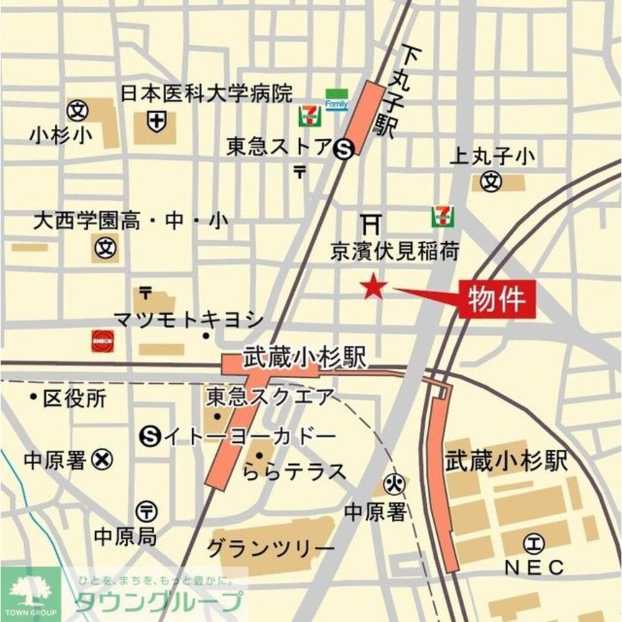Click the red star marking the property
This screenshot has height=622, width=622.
tap(374, 287)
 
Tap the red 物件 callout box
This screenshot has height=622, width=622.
tap(498, 299)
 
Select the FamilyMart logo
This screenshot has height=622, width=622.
tap(337, 100)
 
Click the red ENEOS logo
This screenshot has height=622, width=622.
tap(103, 341)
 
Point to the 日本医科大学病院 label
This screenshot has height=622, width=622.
tap(206, 94)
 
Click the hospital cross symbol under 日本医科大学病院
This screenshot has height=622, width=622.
tap(157, 121)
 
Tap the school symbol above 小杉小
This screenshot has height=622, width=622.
tap(78, 111)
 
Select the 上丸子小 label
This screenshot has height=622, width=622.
tap(492, 157)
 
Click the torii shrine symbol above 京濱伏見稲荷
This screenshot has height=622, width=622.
tap(371, 221)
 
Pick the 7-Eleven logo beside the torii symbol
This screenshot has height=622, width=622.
tap(442, 216)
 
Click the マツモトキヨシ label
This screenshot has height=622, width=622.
tap(188, 320)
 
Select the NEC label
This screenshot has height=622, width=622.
tap(534, 567)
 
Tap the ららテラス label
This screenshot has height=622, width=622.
tap(294, 472)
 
